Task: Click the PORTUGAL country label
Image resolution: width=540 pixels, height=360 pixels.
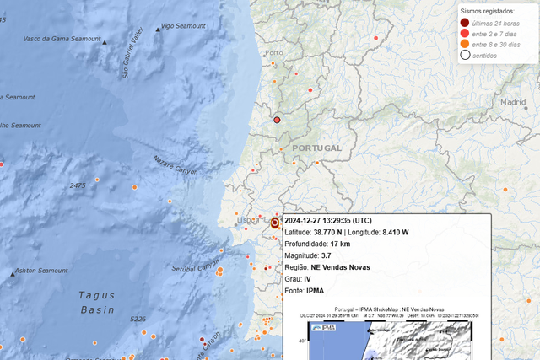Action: click(316, 148)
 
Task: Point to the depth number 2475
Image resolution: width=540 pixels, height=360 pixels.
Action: click(78, 185)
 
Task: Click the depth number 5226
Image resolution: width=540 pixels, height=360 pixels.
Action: click(138, 319)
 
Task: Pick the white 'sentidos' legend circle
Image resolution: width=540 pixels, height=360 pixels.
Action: click(465, 55)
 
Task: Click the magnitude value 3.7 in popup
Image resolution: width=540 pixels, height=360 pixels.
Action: click(327, 255)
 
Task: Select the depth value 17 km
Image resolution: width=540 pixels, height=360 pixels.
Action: click(339, 244)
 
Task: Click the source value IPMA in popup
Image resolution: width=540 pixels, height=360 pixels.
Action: click(316, 291)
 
